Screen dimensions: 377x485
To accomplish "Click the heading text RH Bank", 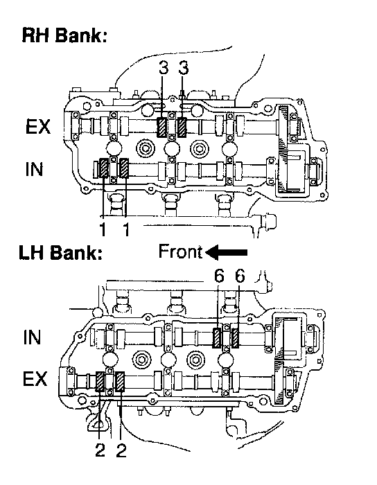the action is coord(64,35).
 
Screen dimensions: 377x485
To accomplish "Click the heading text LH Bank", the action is coord(60,252).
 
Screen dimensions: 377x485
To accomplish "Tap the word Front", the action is coord(181,252).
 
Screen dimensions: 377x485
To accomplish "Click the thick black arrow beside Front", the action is coord(227,252).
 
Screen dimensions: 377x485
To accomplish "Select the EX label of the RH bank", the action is coord(38,127).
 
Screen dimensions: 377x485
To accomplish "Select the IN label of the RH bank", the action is coord(34,169).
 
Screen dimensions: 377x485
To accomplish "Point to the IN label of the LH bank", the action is coord(32,337).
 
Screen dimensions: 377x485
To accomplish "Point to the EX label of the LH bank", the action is coord(35,378).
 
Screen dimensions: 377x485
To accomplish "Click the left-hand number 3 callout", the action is coord(164,68).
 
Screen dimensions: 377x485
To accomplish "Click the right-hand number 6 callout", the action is coord(240,276).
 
